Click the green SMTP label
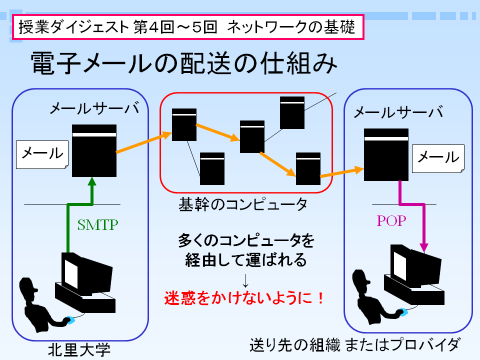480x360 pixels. [98, 225]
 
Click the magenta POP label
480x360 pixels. [391, 221]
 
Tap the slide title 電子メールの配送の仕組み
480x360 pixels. [184, 63]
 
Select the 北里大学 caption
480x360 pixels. [79, 350]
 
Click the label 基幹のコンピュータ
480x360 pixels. [243, 204]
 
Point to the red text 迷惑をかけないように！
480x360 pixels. [244, 297]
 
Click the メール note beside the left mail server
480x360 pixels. [42, 154]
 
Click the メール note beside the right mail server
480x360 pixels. [438, 158]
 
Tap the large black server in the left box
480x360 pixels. [94, 151]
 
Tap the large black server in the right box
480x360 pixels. [386, 155]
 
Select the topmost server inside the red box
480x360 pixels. [292, 113]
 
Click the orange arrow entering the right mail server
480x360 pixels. [342, 172]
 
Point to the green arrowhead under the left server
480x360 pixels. [92, 182]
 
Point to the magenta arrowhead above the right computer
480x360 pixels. [424, 247]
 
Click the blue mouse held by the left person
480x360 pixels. [70, 320]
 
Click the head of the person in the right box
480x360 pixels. [360, 279]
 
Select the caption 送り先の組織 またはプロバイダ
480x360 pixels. [355, 345]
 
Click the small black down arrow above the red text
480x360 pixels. [246, 281]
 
